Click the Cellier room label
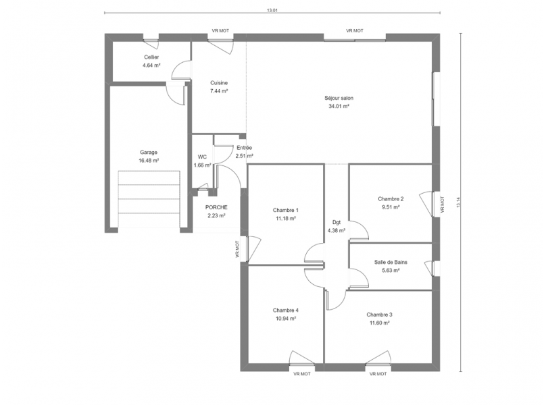coord(151,57)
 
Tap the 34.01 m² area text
coord(339,107)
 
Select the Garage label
coord(149,152)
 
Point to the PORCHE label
coord(216,207)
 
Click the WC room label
coord(202,157)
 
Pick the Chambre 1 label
coord(286,210)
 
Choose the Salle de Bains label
coord(391,263)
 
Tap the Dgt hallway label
coord(337,222)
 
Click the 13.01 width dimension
coord(272,10)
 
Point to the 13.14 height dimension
coord(458,202)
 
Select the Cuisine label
coord(219,83)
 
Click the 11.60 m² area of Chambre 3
coord(379,323)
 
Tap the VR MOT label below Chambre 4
coord(302,374)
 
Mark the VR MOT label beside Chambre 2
coord(442,205)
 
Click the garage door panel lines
coord(149,199)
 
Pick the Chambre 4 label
coord(286,310)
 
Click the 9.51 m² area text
coord(391,207)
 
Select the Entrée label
coord(244,148)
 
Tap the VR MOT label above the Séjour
coord(355,31)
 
